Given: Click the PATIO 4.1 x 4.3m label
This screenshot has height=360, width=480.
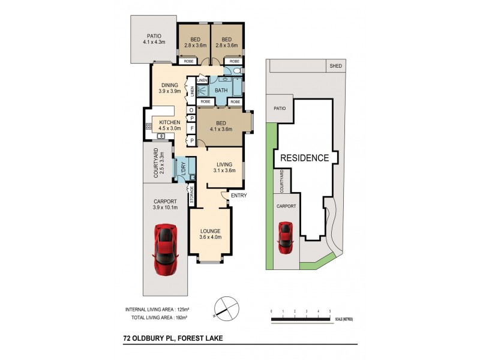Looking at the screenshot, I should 153,39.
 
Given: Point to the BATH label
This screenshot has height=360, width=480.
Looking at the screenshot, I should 221,91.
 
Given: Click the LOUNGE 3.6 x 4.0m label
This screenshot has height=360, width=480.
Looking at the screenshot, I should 211,233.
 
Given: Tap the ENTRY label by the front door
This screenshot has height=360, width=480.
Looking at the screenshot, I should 238,196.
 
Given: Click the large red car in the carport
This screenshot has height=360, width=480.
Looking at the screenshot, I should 165,249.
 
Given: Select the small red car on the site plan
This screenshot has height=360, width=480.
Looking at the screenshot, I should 286,238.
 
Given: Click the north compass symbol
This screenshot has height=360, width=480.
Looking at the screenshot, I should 223,306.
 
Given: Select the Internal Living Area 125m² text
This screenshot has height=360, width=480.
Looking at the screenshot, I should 156,309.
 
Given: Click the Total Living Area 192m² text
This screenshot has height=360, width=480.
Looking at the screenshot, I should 156,317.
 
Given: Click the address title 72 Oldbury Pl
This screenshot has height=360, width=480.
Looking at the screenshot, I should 172,338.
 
